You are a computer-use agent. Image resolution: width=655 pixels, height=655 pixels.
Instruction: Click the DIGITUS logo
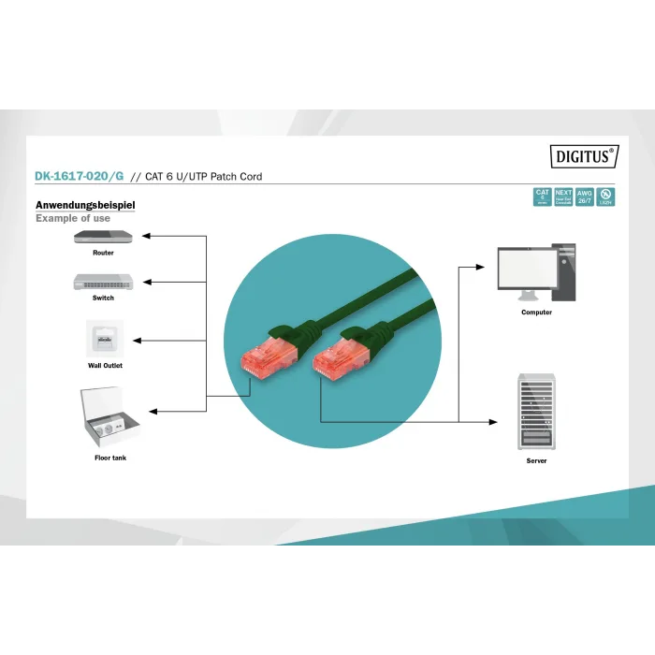pyautogui.click(x=583, y=157)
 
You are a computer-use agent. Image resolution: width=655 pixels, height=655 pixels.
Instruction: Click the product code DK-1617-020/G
pyautogui.click(x=79, y=176)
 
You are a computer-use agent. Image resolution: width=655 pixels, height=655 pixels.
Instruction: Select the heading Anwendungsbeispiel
pyautogui.click(x=85, y=205)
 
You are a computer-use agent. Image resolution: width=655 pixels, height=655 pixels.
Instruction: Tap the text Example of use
pyautogui.click(x=73, y=218)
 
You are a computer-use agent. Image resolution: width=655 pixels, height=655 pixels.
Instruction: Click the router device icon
pyautogui.click(x=103, y=237)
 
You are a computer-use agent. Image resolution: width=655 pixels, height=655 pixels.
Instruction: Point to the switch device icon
pyautogui.click(x=103, y=281)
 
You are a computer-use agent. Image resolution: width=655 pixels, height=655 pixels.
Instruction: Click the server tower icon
pyautogui.click(x=536, y=412)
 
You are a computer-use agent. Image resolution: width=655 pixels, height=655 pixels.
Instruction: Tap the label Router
pyautogui.click(x=103, y=253)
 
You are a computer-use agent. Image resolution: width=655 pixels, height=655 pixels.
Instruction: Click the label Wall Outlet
pyautogui.click(x=105, y=366)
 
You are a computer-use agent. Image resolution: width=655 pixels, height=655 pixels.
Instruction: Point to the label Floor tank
pyautogui.click(x=109, y=458)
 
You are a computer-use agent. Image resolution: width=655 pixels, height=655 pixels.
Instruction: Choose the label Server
pyautogui.click(x=536, y=460)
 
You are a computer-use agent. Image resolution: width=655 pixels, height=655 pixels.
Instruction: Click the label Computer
pyautogui.click(x=536, y=313)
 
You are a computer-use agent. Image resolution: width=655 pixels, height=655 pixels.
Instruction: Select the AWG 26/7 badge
pyautogui.click(x=585, y=196)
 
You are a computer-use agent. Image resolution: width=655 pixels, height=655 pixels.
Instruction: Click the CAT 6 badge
pyautogui.click(x=542, y=196)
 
